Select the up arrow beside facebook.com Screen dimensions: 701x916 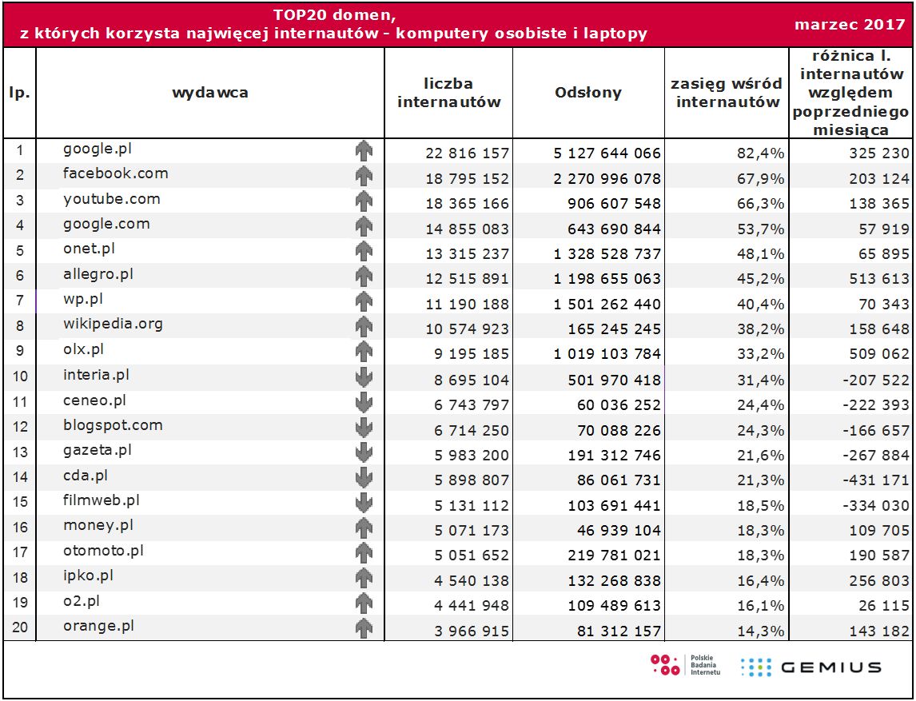pyautogui.click(x=364, y=176)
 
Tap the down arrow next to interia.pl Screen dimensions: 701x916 pyautogui.click(x=364, y=377)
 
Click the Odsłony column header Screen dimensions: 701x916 pyautogui.click(x=587, y=93)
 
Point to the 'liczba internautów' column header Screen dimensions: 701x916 pyautogui.click(x=448, y=93)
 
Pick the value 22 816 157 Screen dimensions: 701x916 pyautogui.click(x=467, y=153)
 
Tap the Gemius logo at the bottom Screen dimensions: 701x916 pyautogui.click(x=811, y=667)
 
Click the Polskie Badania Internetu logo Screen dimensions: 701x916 pyautogui.click(x=686, y=665)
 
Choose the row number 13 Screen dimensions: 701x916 pyautogui.click(x=20, y=452)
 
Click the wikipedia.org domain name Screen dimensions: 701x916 pyautogui.click(x=113, y=324)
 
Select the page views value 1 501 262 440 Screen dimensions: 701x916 pyautogui.click(x=607, y=304)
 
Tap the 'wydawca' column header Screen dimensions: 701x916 pyautogui.click(x=209, y=93)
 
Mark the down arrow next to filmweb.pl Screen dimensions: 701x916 pyautogui.click(x=364, y=504)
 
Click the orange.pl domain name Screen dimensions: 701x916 pyautogui.click(x=98, y=626)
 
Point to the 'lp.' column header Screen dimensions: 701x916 pyautogui.click(x=19, y=93)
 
